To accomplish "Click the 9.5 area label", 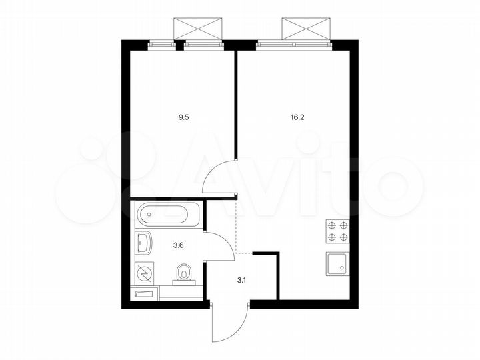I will [x=182, y=116].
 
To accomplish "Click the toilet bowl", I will [x=184, y=274].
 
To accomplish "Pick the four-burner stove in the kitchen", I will [x=337, y=231].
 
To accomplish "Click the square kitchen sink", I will [x=337, y=263].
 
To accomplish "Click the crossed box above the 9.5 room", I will [x=197, y=29].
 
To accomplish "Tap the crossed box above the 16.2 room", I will [x=306, y=29].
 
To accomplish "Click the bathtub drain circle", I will [x=149, y=215].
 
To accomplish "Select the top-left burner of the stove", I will [x=331, y=225].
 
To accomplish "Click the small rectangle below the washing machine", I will [x=144, y=293].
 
